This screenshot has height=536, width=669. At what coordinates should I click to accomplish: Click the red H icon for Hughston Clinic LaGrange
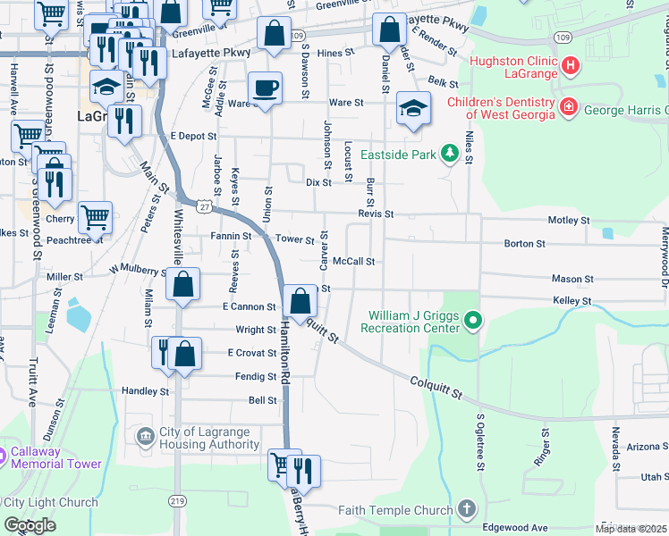tap(571, 65)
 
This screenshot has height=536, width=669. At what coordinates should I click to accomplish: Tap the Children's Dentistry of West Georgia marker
tap(567, 109)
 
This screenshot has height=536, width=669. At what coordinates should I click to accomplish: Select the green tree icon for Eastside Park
tap(450, 155)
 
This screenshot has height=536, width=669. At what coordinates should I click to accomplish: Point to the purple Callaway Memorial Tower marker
tap(4, 456)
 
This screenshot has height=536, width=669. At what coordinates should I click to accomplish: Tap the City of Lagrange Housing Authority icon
tap(145, 437)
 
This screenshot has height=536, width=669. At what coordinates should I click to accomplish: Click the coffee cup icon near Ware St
tap(265, 89)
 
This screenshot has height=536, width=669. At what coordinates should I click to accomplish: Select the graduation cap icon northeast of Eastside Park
tap(413, 109)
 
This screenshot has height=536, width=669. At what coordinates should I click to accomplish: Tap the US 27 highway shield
tap(206, 205)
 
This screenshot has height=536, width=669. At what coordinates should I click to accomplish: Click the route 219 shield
tap(179, 502)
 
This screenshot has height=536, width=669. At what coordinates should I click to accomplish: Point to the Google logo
tap(30, 525)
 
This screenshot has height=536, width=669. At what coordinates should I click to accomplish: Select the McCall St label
tap(352, 262)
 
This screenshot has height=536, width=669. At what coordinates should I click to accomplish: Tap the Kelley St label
tap(572, 301)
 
